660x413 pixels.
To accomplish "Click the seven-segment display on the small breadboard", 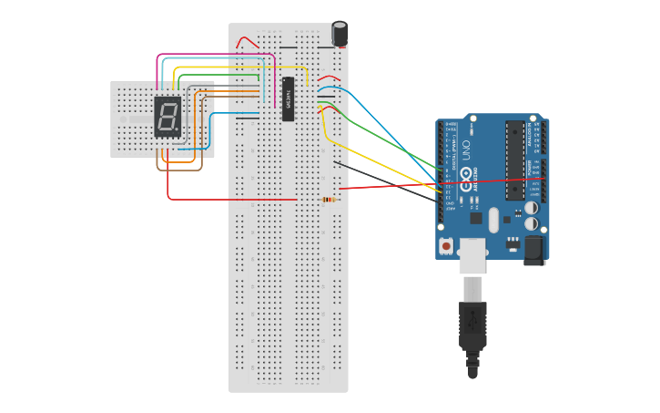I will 167,117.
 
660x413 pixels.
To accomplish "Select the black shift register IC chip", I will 288,98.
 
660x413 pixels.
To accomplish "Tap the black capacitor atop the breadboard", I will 340,34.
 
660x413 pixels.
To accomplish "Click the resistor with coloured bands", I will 328,200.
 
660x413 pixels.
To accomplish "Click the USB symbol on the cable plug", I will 473,321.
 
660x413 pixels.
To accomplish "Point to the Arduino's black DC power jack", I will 533,249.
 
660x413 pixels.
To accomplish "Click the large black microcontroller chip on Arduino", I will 514,159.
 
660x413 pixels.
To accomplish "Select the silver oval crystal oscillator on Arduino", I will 494,220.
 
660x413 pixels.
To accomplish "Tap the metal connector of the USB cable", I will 472,289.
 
